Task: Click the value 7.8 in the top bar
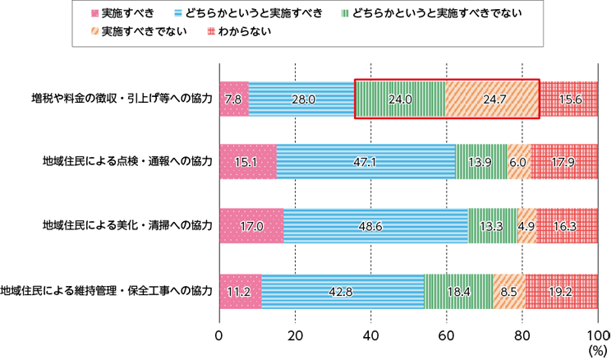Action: click(232, 99)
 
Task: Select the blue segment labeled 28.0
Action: click(303, 99)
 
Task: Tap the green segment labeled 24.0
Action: click(399, 99)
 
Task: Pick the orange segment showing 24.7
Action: click(494, 99)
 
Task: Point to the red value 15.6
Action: click(570, 99)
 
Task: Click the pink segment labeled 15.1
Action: click(246, 163)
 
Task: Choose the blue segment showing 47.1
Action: click(365, 163)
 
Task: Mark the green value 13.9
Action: click(480, 163)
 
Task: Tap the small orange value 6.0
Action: click(517, 163)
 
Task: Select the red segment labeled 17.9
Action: click(563, 163)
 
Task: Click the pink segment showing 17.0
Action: click(252, 226)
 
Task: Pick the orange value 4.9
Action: click(526, 226)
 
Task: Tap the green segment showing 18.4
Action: click(457, 291)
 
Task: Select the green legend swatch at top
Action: click(342, 17)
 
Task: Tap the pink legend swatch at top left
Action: click(91, 12)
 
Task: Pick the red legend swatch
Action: click(207, 31)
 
